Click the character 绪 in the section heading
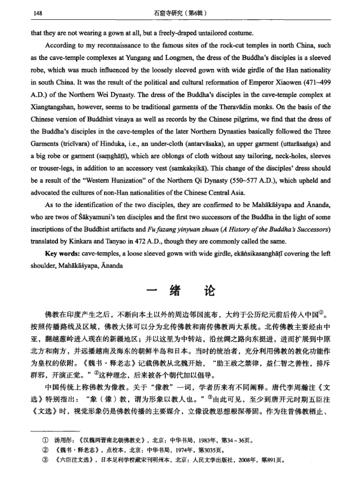pos(173,290)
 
